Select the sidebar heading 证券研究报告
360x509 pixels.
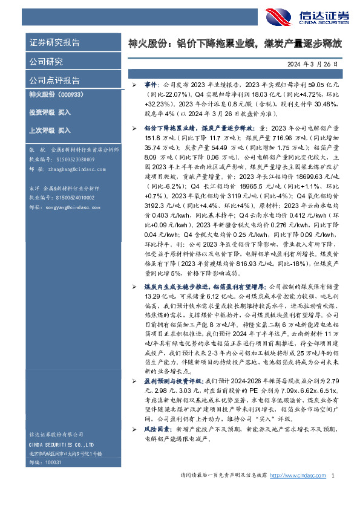point(55,43)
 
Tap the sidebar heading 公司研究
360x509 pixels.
point(46,61)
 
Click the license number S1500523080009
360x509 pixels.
point(75,160)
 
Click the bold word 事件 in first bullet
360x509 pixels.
point(150,85)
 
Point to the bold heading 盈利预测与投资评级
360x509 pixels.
point(174,382)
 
